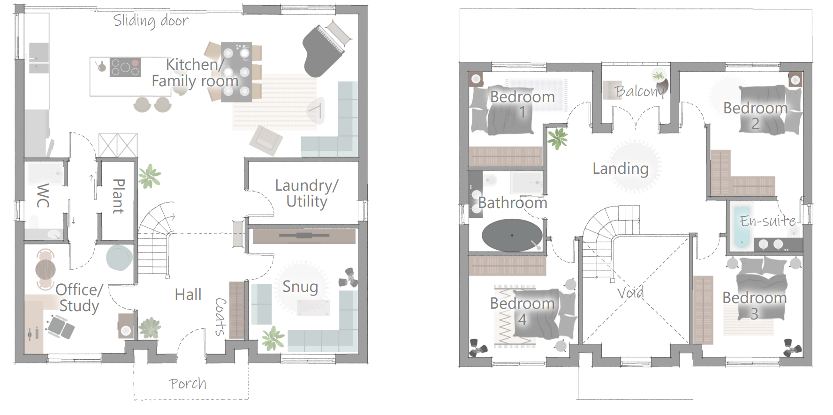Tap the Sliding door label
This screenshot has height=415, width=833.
coord(151,21)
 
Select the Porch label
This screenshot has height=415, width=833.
coord(188,384)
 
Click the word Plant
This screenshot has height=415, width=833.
coord(118,196)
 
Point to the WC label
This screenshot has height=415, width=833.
coord(43,195)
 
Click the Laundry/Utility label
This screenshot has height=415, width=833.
coord(306,193)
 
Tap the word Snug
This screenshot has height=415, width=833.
coord(300,287)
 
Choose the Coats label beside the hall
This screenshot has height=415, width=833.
coord(220,317)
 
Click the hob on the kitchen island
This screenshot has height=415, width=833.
coord(125,67)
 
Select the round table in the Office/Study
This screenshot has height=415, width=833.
coord(45,269)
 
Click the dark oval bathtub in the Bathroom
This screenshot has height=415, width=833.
coord(512,235)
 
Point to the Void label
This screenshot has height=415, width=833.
coord(630,293)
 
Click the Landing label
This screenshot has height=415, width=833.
coord(621,168)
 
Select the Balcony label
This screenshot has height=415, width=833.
coord(640,91)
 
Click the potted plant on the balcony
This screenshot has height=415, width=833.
coord(659,75)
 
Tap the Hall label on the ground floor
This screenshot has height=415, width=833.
coord(188,294)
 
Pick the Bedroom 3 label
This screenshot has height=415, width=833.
coord(755,305)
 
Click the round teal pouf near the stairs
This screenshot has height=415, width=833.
coord(119,258)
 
